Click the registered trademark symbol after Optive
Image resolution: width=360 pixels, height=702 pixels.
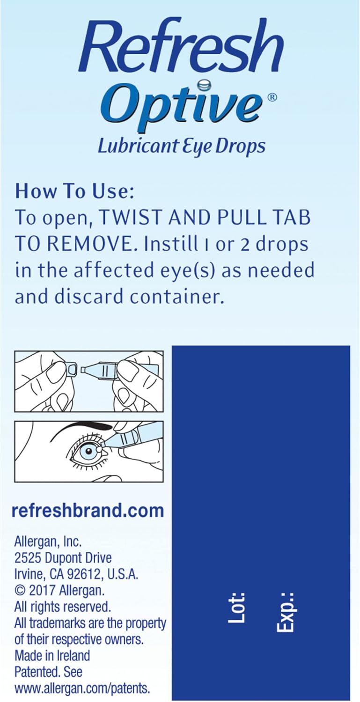[x=273, y=97]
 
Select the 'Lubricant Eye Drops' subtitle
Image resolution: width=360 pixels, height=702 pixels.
[x=181, y=146]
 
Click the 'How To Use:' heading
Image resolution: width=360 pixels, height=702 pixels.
[x=74, y=191]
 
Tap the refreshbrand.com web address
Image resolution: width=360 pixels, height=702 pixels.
[x=88, y=511]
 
